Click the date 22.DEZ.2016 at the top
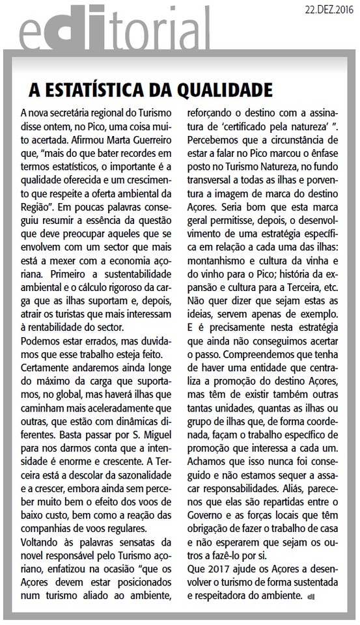point(323,9)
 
